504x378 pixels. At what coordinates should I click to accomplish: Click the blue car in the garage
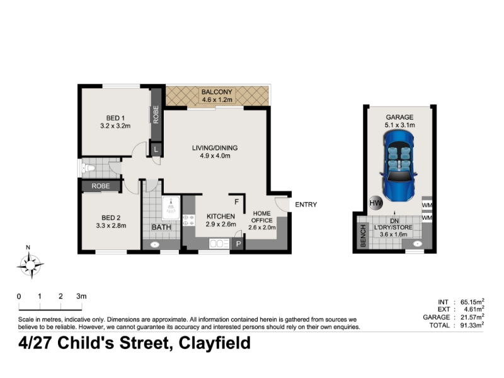pos(398,167)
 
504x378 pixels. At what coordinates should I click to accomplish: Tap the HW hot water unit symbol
pos(375,203)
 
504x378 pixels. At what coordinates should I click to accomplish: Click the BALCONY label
pos(217,92)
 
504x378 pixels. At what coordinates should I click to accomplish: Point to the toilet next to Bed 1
pos(88,168)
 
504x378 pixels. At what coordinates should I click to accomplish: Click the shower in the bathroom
pos(171,208)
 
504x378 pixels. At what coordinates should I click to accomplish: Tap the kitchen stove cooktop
pos(188,220)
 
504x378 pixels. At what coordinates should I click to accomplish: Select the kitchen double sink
pos(219,244)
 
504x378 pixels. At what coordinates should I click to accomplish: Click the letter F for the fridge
pos(237,202)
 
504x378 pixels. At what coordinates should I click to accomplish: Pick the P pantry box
pos(238,244)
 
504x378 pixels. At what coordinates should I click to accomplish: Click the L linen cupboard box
pos(156,149)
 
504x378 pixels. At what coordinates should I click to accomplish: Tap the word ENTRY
pos(306,204)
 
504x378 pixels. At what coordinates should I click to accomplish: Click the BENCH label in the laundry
pos(364,236)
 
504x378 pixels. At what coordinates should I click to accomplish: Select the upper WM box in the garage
pos(427,205)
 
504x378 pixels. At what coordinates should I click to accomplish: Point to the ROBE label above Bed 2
pos(101,186)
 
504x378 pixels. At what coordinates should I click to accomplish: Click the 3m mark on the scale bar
pos(81,296)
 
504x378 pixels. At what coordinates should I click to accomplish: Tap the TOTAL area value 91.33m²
pos(472,325)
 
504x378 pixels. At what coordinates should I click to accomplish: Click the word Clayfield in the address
pos(214,343)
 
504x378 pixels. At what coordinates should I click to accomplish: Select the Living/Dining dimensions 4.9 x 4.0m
pos(215,156)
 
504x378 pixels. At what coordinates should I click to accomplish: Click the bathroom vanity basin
pos(155,244)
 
